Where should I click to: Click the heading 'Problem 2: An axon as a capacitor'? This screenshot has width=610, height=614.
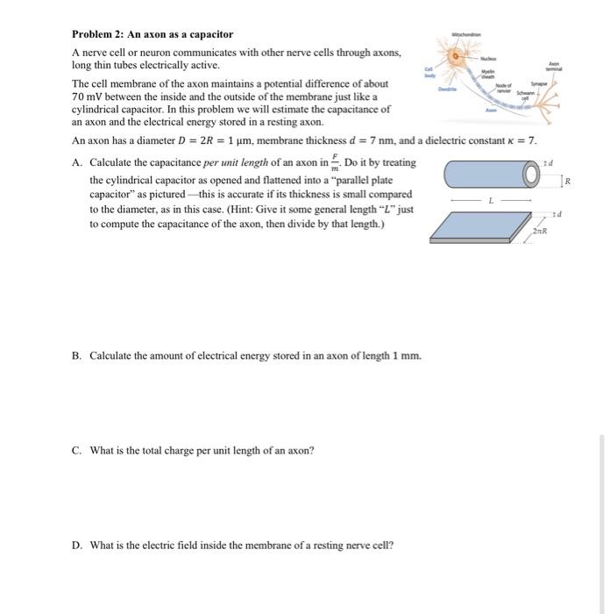152,34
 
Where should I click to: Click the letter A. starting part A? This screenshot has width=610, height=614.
78,163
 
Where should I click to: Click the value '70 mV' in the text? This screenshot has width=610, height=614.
86,96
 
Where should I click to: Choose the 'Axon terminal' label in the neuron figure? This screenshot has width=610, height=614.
553,68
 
